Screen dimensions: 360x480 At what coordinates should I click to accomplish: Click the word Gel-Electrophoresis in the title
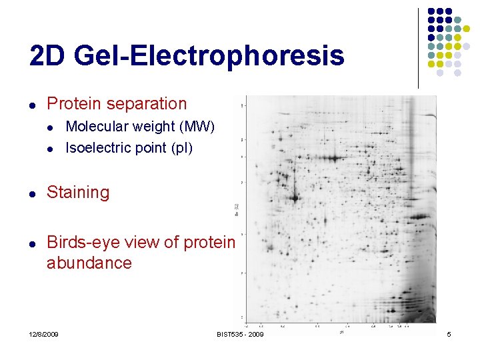pos(209,57)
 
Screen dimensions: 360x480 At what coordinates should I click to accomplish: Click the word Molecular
pos(98,127)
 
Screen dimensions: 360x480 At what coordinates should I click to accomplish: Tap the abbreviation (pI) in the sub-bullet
pos(181,148)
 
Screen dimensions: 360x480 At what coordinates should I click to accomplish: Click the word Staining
pos(77,193)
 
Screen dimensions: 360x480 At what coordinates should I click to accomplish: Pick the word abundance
pos(89,263)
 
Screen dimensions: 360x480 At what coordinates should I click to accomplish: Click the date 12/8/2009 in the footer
pos(44,333)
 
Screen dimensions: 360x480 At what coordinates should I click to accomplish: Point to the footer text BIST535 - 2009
pos(240,333)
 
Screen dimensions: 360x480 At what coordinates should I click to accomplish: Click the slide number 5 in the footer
pos(449,333)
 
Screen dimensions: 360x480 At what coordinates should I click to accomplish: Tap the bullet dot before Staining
pos(32,193)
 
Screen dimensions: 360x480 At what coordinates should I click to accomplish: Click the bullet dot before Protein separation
pos(32,105)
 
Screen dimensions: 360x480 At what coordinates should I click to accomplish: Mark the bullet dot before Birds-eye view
pos(32,243)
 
